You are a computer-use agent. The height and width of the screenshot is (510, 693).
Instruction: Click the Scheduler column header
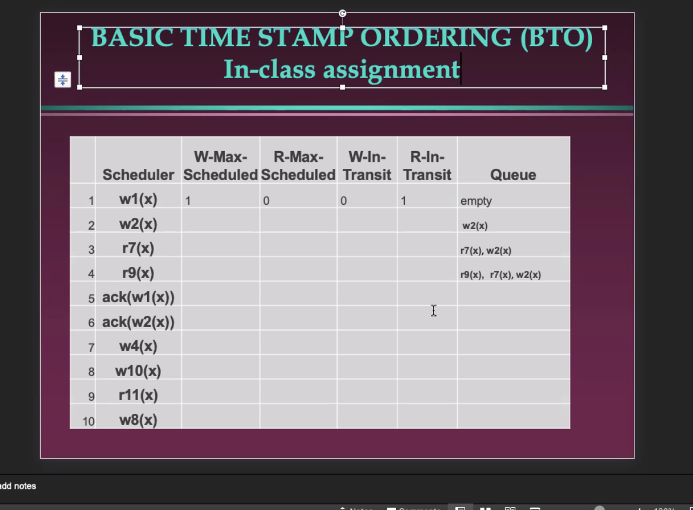pyautogui.click(x=138, y=175)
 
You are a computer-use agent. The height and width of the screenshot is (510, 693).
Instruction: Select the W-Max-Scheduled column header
pyautogui.click(x=220, y=166)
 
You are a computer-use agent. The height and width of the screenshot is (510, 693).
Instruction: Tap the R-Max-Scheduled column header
pyautogui.click(x=298, y=166)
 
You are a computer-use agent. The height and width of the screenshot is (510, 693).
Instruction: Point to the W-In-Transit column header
pyautogui.click(x=367, y=166)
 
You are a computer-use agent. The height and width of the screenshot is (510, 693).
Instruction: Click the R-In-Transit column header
pyautogui.click(x=427, y=166)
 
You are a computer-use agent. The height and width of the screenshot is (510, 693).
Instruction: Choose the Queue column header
pyautogui.click(x=513, y=175)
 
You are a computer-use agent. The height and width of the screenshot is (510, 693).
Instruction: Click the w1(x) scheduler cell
pyautogui.click(x=138, y=199)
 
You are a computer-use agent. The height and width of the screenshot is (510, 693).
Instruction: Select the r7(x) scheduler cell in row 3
pyautogui.click(x=138, y=248)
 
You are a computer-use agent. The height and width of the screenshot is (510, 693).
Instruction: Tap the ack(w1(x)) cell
pyautogui.click(x=138, y=297)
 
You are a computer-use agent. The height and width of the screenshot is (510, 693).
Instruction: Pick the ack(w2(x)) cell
pyautogui.click(x=138, y=322)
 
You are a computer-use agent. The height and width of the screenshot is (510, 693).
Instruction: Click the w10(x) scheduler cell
pyautogui.click(x=138, y=371)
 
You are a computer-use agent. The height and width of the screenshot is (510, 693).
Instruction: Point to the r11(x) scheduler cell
pyautogui.click(x=138, y=395)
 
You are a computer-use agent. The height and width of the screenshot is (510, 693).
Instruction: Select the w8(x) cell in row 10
pyautogui.click(x=138, y=420)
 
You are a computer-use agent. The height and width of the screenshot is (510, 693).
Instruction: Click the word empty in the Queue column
pyautogui.click(x=476, y=201)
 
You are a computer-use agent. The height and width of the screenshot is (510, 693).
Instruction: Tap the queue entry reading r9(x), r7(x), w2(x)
pyautogui.click(x=501, y=274)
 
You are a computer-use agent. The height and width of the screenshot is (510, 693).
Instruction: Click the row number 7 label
pyautogui.click(x=91, y=348)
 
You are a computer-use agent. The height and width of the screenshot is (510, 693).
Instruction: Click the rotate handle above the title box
pyautogui.click(x=342, y=13)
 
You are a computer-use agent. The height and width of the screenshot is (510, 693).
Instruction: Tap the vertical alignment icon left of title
pyautogui.click(x=63, y=79)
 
